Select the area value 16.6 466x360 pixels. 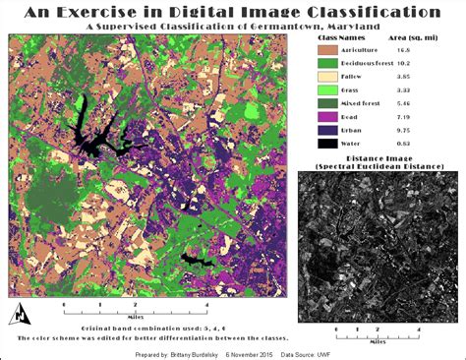(x=431, y=48)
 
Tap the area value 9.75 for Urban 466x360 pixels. (x=431, y=129)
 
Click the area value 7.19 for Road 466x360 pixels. (x=431, y=115)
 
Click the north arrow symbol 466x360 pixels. (x=20, y=314)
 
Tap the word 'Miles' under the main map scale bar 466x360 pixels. (x=138, y=318)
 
